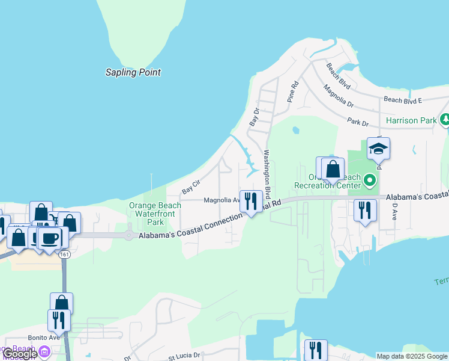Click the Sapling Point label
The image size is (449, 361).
click(x=133, y=72)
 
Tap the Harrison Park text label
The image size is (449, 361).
click(x=411, y=120)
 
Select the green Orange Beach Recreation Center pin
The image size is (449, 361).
click(x=370, y=179)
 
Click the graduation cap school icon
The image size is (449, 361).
click(x=378, y=148)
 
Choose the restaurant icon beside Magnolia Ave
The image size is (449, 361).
click(x=250, y=200)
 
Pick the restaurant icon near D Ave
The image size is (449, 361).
click(x=364, y=210)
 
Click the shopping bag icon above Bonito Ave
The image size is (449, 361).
click(x=61, y=303)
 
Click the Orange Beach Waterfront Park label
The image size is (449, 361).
click(x=155, y=213)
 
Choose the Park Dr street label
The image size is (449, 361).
click(x=358, y=122)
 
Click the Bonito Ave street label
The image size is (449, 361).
click(x=44, y=338)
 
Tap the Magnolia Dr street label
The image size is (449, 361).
click(x=337, y=94)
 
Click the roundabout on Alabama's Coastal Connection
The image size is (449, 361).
click(x=128, y=235)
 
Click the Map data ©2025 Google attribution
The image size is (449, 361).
click(x=412, y=356)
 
